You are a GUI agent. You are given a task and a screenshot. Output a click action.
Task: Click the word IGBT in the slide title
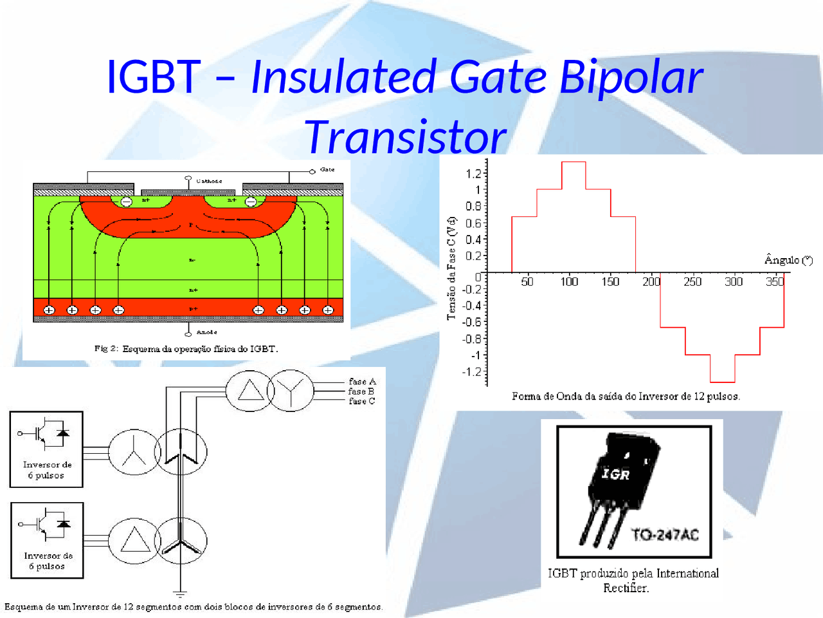coord(153,77)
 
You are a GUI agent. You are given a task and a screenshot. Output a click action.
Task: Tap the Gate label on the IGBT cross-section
coord(327,170)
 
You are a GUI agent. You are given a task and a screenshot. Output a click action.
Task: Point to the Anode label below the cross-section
coord(206,332)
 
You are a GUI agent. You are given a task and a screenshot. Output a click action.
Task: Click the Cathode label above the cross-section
coord(209,182)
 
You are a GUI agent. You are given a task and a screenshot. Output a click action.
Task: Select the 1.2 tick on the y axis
coord(473,173)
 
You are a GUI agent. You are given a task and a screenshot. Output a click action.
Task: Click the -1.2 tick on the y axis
coord(471,371)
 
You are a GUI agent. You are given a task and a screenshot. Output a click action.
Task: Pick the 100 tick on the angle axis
coord(569,281)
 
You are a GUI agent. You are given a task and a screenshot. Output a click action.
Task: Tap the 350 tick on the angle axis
coord(775,281)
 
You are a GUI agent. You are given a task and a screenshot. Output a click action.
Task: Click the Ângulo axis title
coord(788,259)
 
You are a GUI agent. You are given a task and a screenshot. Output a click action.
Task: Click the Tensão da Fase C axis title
coord(451,267)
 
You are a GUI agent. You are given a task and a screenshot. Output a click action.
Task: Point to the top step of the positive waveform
coord(574,162)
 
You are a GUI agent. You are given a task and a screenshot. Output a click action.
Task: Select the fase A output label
coord(362,382)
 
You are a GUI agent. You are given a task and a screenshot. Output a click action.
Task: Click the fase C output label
coord(362,401)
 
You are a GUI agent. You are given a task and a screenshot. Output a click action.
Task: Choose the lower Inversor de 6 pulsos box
coord(47,540)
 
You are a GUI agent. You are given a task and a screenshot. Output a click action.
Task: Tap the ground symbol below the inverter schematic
coord(180,594)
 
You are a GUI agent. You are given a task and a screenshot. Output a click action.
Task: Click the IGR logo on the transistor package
coord(615,474)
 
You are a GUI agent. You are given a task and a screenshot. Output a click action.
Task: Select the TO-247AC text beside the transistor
coord(665,534)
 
